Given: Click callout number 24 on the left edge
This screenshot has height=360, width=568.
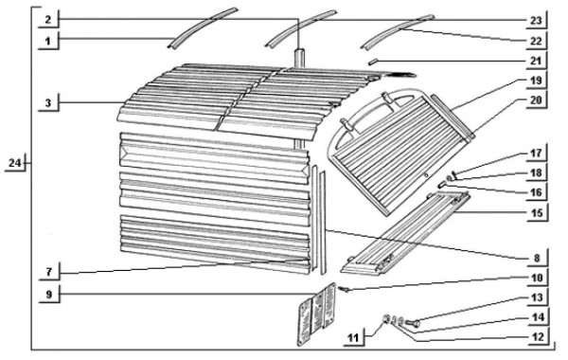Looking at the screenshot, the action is pos(15,163).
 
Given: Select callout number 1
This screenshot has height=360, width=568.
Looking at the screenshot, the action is pos(48,41).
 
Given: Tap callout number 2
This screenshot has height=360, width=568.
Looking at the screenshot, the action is pos(48,20).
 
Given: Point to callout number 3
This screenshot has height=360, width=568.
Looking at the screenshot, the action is pos(48,103).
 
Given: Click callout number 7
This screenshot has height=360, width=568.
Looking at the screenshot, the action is pos(48,272).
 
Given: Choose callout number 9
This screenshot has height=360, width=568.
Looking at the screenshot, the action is pos(49,294).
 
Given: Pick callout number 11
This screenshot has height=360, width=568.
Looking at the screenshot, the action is pos(353,338).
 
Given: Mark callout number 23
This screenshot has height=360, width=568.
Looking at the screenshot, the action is pos(536,20).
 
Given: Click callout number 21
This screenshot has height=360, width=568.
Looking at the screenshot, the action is pos(536,61).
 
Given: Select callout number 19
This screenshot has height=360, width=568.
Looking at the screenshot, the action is pos(536,81).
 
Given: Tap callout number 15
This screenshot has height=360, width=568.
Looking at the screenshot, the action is pos(537,213).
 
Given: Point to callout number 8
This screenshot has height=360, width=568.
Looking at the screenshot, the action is pos(537,258).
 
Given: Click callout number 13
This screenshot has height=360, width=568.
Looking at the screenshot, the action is pos(537,297).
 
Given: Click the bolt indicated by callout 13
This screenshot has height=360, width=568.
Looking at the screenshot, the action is pos(412,322).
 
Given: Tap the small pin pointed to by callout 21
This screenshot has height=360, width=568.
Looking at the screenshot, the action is pos(373,63).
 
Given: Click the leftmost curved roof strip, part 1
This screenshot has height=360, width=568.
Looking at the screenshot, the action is pos(202,27).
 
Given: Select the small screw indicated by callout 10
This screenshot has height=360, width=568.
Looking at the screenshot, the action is pos(345,289).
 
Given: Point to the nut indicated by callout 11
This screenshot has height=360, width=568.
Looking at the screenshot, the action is pos(387,319).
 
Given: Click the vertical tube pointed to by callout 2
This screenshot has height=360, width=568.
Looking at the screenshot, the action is pos(299,98).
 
